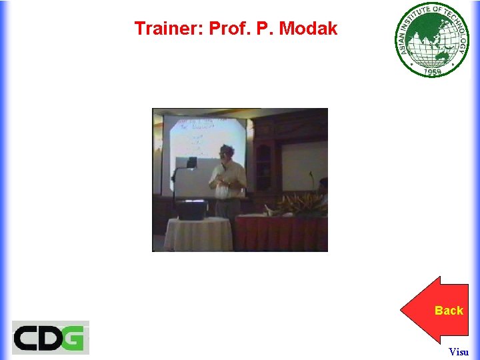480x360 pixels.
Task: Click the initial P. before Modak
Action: pos(268,29)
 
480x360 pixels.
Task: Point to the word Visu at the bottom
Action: pos(458,351)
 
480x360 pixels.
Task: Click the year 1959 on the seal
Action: pos(433,71)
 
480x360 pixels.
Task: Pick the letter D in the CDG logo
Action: pos(51,337)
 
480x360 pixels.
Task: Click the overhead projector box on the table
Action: pos(191,210)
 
